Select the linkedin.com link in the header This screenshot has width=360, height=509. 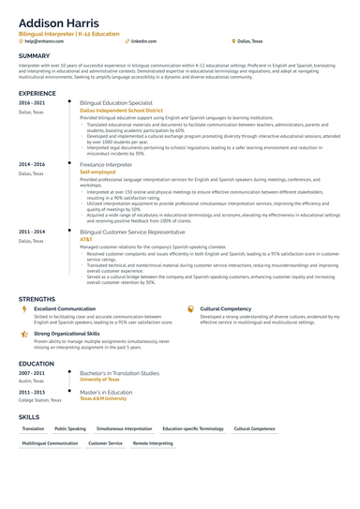143,42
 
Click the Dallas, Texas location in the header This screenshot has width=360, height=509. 250,42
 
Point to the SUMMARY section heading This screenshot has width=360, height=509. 37,55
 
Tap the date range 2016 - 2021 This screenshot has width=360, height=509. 31,102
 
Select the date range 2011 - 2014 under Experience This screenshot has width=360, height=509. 31,231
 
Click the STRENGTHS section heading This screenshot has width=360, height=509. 37,299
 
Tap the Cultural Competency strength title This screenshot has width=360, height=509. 225,307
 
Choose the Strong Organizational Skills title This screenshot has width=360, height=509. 67,333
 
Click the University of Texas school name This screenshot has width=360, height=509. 99,380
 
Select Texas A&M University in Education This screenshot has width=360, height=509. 103,398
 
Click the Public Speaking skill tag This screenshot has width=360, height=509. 70,428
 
